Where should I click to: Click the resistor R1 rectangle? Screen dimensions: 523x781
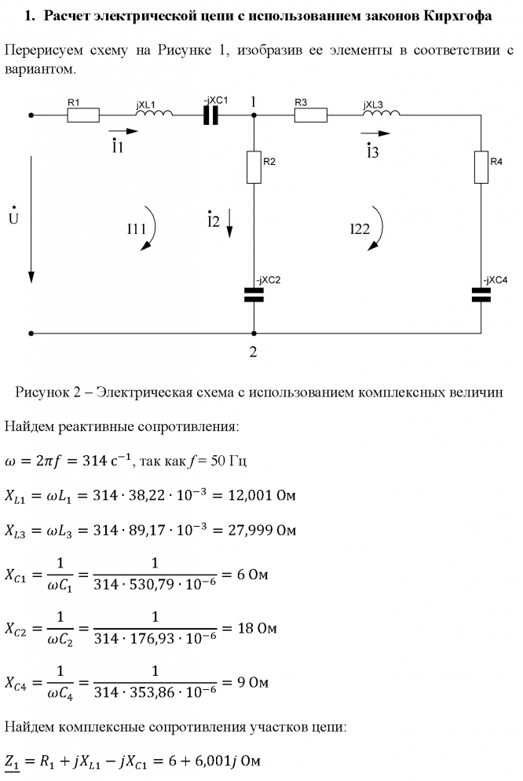click(83, 115)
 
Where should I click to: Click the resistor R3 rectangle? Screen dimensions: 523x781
click(310, 115)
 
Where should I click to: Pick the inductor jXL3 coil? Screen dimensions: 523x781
click(381, 115)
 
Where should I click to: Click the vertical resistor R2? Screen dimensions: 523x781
click(254, 167)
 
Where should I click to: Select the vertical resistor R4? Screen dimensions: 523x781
click(481, 167)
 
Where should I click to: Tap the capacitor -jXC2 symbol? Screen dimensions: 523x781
click(254, 294)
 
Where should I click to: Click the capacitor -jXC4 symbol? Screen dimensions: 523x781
click(481, 294)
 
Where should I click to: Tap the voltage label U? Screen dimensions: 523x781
click(13, 217)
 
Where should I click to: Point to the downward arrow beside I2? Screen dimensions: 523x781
click(229, 223)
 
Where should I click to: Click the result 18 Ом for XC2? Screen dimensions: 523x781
click(251, 629)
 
